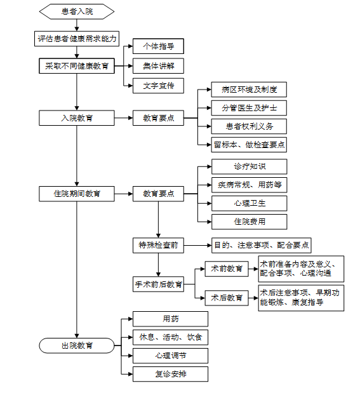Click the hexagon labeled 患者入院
77,11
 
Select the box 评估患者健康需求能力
77,39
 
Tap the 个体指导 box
158,46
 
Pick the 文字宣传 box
158,86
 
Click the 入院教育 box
77,118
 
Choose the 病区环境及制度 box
249,90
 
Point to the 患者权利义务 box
249,126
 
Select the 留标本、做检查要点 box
249,145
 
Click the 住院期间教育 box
77,194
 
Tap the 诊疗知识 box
249,166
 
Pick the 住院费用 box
249,222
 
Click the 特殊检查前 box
158,245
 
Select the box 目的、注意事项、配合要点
261,245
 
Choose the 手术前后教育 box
158,284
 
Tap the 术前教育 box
227,269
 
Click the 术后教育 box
227,298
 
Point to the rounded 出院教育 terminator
77,345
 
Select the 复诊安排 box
170,374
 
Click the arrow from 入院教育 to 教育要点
124,118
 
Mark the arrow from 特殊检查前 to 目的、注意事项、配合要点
197,245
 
